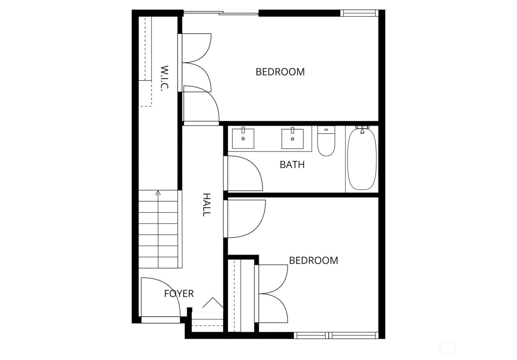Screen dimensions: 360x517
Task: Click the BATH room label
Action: click(292, 164)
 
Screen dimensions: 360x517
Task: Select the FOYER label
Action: click(179, 294)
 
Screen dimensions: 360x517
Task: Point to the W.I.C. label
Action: click(165, 78)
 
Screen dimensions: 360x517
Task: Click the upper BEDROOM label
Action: click(280, 72)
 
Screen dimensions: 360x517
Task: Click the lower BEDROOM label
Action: click(314, 261)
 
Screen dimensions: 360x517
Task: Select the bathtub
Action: click(362, 159)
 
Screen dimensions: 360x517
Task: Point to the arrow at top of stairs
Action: click(158, 193)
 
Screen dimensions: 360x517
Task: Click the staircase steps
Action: click(159, 229)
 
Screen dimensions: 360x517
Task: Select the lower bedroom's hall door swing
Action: click(246, 218)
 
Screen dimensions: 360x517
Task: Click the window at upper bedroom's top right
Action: click(359, 13)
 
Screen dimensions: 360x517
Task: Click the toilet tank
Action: click(326, 130)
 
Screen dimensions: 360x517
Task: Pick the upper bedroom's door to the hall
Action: click(201, 105)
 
